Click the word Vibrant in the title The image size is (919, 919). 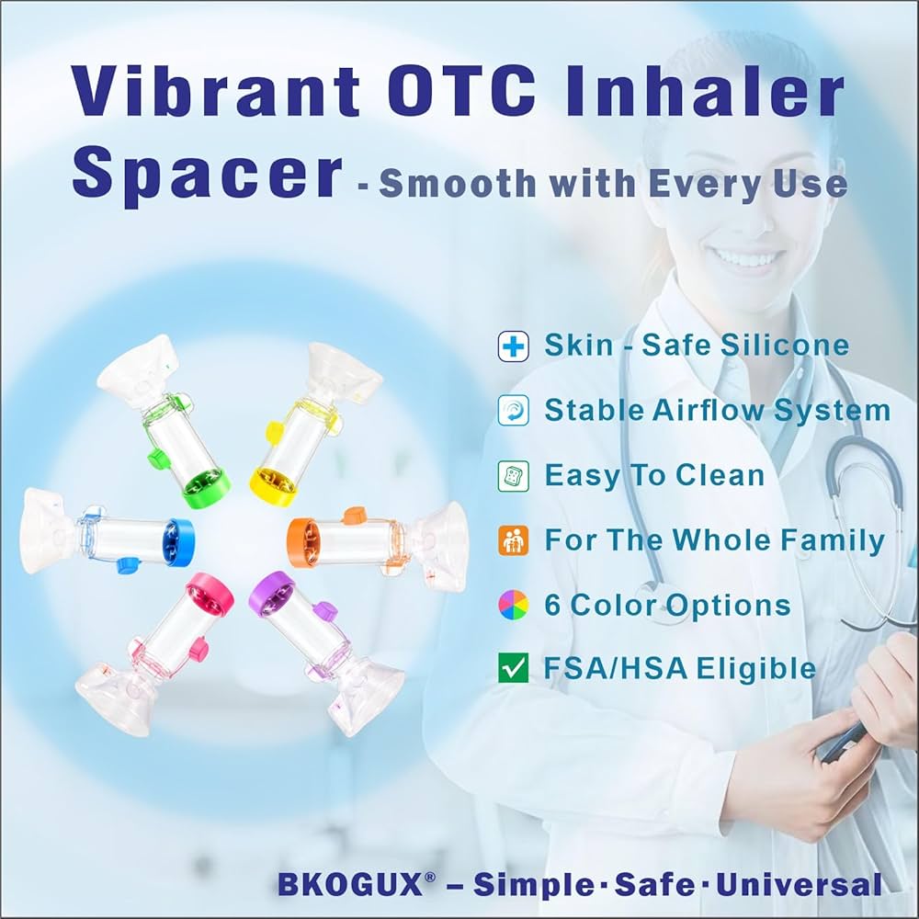[214, 91]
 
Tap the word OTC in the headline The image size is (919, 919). [460, 91]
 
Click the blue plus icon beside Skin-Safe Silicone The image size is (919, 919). [514, 346]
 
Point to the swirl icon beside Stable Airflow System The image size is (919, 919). [514, 410]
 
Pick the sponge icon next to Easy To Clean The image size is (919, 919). [514, 475]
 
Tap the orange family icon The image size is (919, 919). [514, 540]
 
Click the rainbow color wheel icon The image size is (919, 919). [514, 605]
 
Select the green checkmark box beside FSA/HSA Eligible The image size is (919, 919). [514, 668]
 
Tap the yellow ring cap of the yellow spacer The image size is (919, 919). [272, 486]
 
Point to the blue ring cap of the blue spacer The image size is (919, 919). [179, 543]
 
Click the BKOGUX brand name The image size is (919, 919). [350, 884]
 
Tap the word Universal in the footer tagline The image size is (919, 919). [799, 884]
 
